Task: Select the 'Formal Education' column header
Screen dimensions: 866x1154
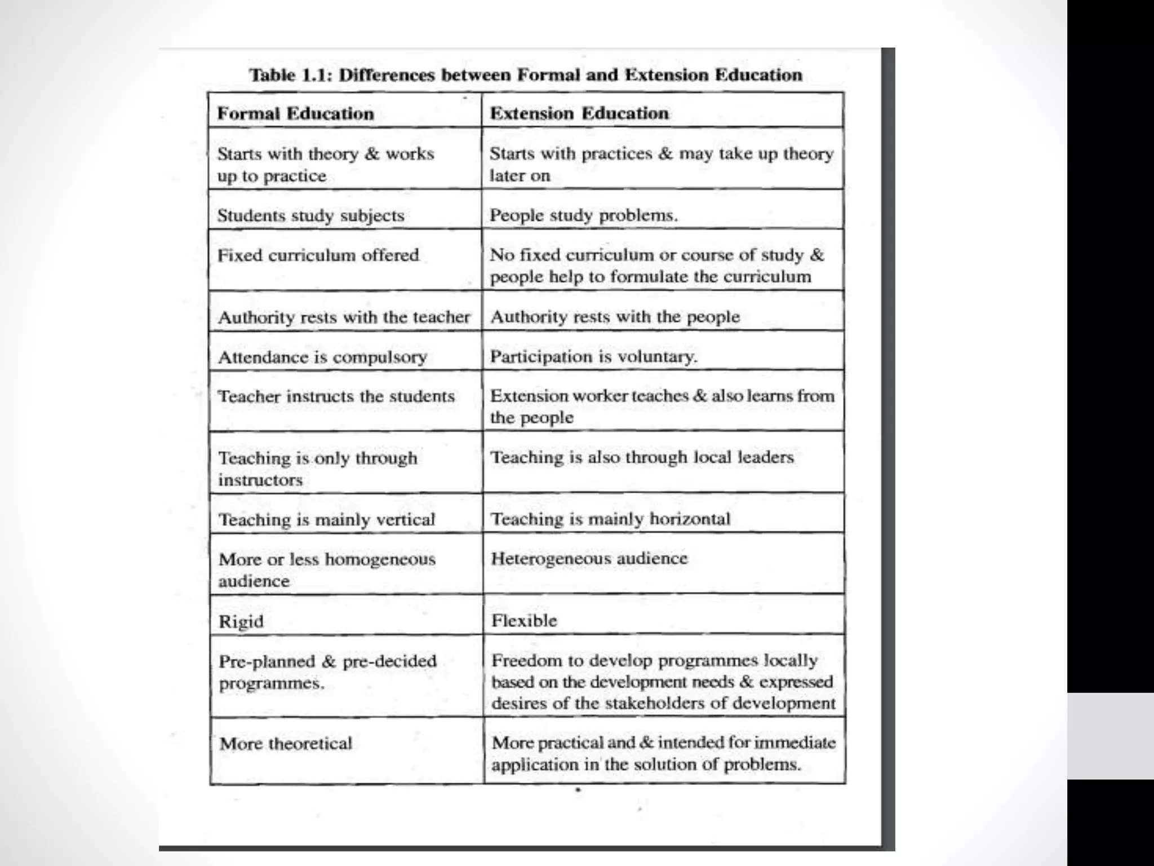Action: pyautogui.click(x=295, y=113)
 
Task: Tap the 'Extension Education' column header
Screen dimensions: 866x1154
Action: pyautogui.click(x=579, y=113)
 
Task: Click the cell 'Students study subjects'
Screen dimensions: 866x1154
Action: pyautogui.click(x=310, y=215)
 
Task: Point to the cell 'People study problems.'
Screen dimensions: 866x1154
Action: pyautogui.click(x=584, y=215)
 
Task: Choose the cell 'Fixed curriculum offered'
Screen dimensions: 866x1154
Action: pyautogui.click(x=318, y=255)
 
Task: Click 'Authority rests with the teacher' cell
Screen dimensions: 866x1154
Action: pyautogui.click(x=344, y=317)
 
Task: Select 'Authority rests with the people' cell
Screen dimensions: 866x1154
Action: pyautogui.click(x=615, y=317)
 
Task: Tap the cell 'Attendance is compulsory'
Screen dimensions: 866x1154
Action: pyautogui.click(x=322, y=357)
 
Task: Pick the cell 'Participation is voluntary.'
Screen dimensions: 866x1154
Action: pyautogui.click(x=593, y=356)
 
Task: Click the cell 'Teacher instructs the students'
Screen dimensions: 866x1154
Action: pyautogui.click(x=336, y=396)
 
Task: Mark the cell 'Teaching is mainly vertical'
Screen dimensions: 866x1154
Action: pyautogui.click(x=327, y=519)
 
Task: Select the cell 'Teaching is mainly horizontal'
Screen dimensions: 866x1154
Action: pyautogui.click(x=610, y=519)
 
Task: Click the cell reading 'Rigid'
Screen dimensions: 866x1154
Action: pyautogui.click(x=241, y=621)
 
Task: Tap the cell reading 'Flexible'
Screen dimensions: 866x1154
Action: pyautogui.click(x=524, y=621)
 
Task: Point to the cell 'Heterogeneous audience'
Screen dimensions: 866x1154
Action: pyautogui.click(x=589, y=558)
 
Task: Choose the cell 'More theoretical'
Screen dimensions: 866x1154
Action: pyautogui.click(x=286, y=743)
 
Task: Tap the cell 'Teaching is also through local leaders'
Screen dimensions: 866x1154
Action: pyautogui.click(x=642, y=457)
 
